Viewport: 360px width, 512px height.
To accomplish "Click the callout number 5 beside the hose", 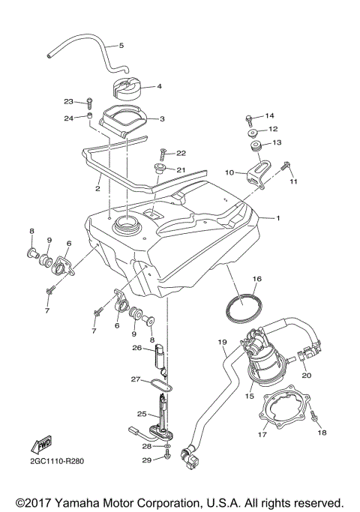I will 121,46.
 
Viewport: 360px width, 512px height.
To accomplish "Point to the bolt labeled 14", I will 247,117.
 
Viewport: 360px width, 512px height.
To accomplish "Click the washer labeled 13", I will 254,143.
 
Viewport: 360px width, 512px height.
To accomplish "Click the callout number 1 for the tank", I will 277,218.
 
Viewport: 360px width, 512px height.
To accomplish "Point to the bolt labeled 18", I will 314,415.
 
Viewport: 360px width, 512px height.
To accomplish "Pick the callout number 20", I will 305,376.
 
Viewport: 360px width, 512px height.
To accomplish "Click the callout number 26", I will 136,347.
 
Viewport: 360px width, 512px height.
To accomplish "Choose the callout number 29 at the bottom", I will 147,459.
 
